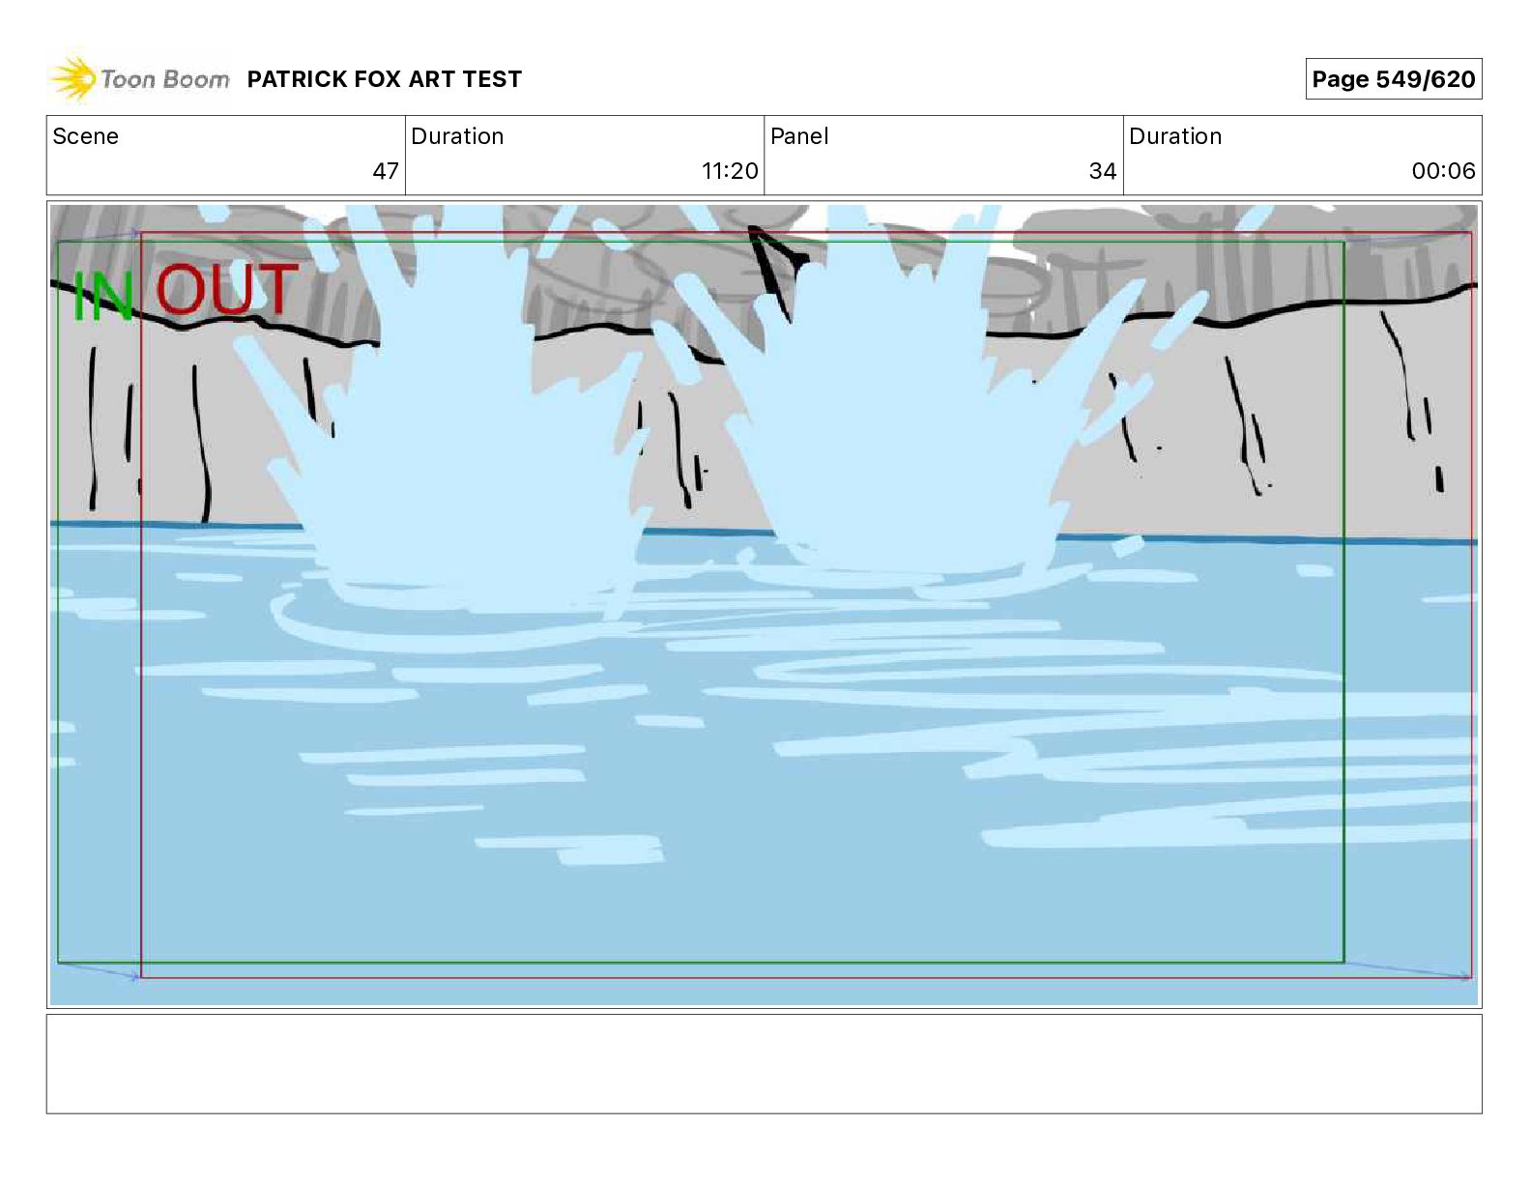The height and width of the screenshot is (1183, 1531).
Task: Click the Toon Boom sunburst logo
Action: (72, 77)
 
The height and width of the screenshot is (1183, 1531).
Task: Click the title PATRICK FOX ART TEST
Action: (384, 79)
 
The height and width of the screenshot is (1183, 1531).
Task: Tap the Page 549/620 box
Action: (1393, 79)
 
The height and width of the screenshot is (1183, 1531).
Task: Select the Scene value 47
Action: (386, 170)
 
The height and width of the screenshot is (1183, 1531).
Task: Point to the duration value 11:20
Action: (729, 170)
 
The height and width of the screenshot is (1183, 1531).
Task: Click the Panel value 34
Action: (1103, 170)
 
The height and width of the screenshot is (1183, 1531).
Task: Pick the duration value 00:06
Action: (1443, 170)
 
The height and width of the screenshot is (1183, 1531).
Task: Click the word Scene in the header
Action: (85, 136)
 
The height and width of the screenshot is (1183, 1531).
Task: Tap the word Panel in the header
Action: (799, 136)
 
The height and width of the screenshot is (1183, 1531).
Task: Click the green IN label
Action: (102, 296)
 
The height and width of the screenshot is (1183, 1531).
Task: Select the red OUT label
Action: (227, 288)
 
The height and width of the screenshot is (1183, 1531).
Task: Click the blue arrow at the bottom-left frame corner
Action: (99, 969)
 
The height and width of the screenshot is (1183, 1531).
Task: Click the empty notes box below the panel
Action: (765, 1064)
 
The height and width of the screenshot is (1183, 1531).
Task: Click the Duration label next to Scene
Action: (457, 136)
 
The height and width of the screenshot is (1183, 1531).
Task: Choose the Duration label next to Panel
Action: (1175, 136)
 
